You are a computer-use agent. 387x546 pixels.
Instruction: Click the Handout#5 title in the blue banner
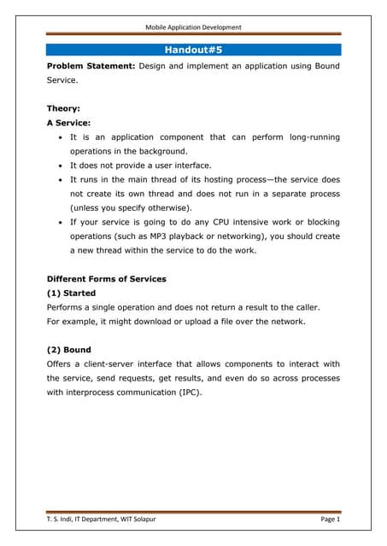193,49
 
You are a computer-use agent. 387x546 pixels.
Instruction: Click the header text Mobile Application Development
193,27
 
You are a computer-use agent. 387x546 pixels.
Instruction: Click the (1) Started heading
71,293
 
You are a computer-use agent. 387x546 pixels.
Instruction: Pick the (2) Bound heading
68,350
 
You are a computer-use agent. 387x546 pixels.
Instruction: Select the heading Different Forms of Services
107,279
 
